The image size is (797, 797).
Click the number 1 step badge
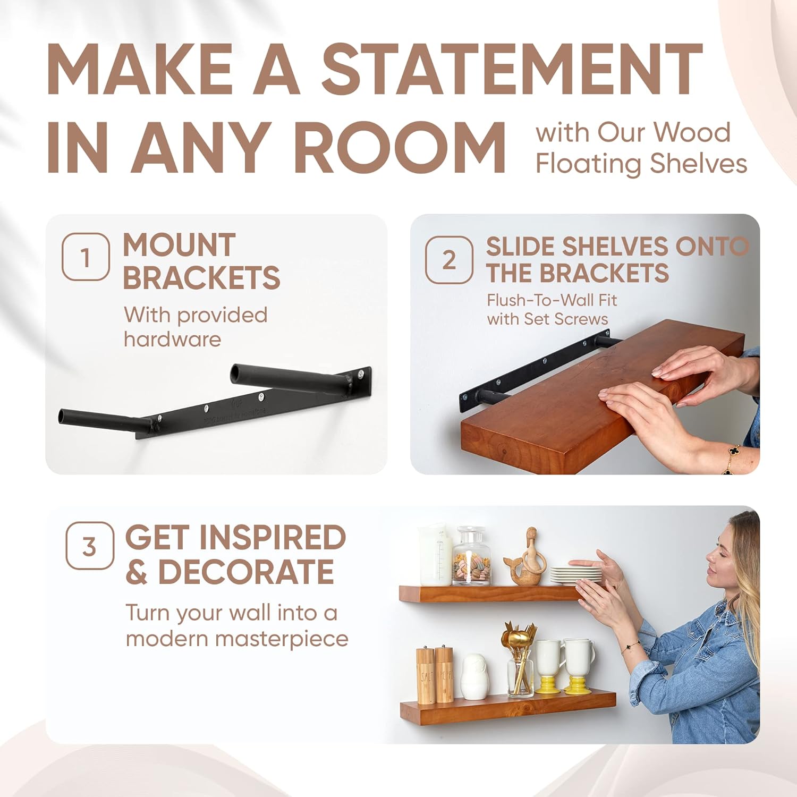[x=86, y=257]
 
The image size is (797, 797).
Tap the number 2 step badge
[x=449, y=260]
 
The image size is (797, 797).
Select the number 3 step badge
[x=89, y=546]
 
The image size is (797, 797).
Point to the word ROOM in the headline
[x=399, y=148]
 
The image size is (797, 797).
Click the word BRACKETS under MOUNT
[x=201, y=278]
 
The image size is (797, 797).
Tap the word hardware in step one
[x=172, y=339]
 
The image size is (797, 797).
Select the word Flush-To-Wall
[x=535, y=300]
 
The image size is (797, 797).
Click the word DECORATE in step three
[x=246, y=572]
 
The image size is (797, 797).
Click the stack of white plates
[x=576, y=574]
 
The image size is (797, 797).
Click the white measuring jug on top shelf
[x=435, y=555]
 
